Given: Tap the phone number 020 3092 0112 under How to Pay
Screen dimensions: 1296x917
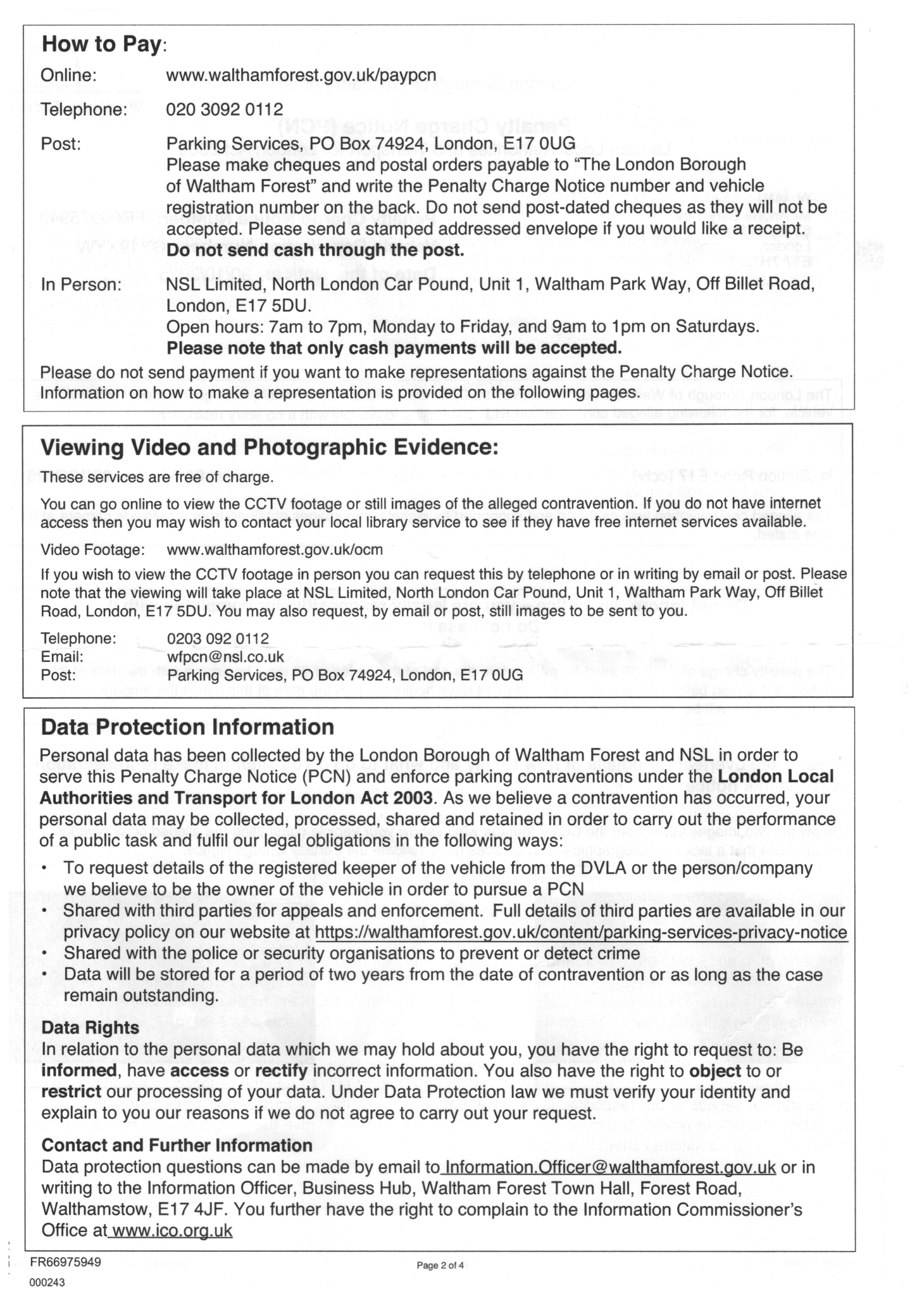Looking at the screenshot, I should coord(224,109).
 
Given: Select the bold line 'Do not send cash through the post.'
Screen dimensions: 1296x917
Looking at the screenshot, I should coord(315,250).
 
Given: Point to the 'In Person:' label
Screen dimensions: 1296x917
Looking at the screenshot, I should coord(80,285).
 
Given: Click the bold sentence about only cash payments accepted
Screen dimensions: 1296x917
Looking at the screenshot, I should coord(394,348).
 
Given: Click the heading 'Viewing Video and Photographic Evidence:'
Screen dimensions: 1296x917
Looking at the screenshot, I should coord(270,447).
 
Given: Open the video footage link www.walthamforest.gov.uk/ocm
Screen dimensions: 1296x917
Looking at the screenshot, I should coord(274,549).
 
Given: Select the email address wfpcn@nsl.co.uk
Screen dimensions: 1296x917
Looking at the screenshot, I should coord(225,657).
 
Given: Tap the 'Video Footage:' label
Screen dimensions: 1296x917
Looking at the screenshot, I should coord(92,549).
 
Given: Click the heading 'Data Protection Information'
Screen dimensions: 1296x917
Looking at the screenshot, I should coord(187,727).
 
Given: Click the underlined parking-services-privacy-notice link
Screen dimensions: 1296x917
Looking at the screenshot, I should coord(580,932).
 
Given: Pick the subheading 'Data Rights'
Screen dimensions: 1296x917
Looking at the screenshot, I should coord(90,1027).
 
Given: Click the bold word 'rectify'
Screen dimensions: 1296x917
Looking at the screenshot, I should coord(281,1071).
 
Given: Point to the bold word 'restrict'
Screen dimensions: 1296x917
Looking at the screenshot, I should coord(71,1092).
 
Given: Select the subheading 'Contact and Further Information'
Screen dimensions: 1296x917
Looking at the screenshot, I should coord(177,1145).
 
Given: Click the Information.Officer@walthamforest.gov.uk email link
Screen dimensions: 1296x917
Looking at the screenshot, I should coord(610,1167).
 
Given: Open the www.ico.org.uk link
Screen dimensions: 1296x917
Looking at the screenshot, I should coord(171,1231).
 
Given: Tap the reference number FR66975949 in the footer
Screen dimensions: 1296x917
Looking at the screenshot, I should coord(66,1261).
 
